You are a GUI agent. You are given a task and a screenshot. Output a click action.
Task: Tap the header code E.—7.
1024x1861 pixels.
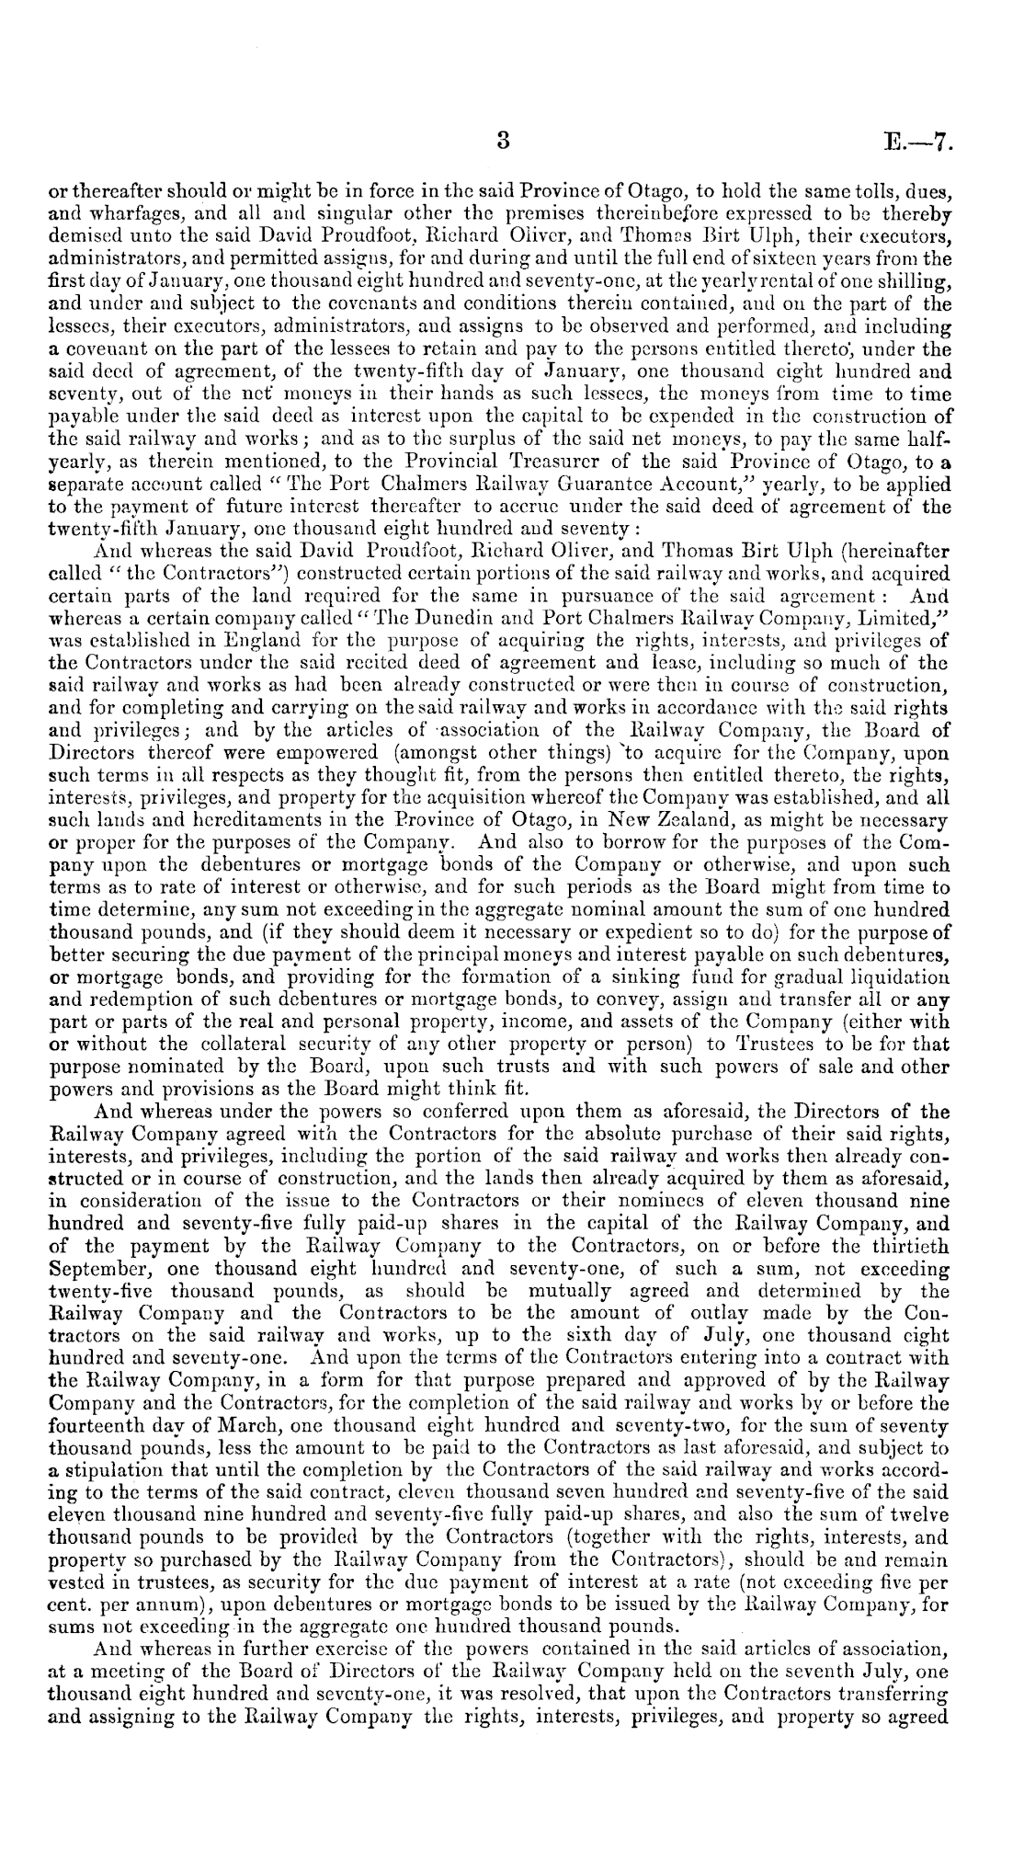922,142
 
